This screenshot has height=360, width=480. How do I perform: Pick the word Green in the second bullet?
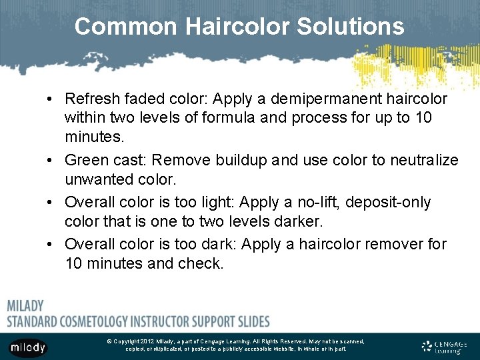(85, 160)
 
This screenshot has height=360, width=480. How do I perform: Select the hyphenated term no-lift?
(315, 202)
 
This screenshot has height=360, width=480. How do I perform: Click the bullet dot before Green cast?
(51, 161)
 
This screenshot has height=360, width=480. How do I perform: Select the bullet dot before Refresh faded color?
(51, 99)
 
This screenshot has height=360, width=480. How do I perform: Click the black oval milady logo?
(27, 347)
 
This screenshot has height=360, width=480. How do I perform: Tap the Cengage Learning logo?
(445, 347)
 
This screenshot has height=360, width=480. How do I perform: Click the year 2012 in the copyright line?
(147, 341)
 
